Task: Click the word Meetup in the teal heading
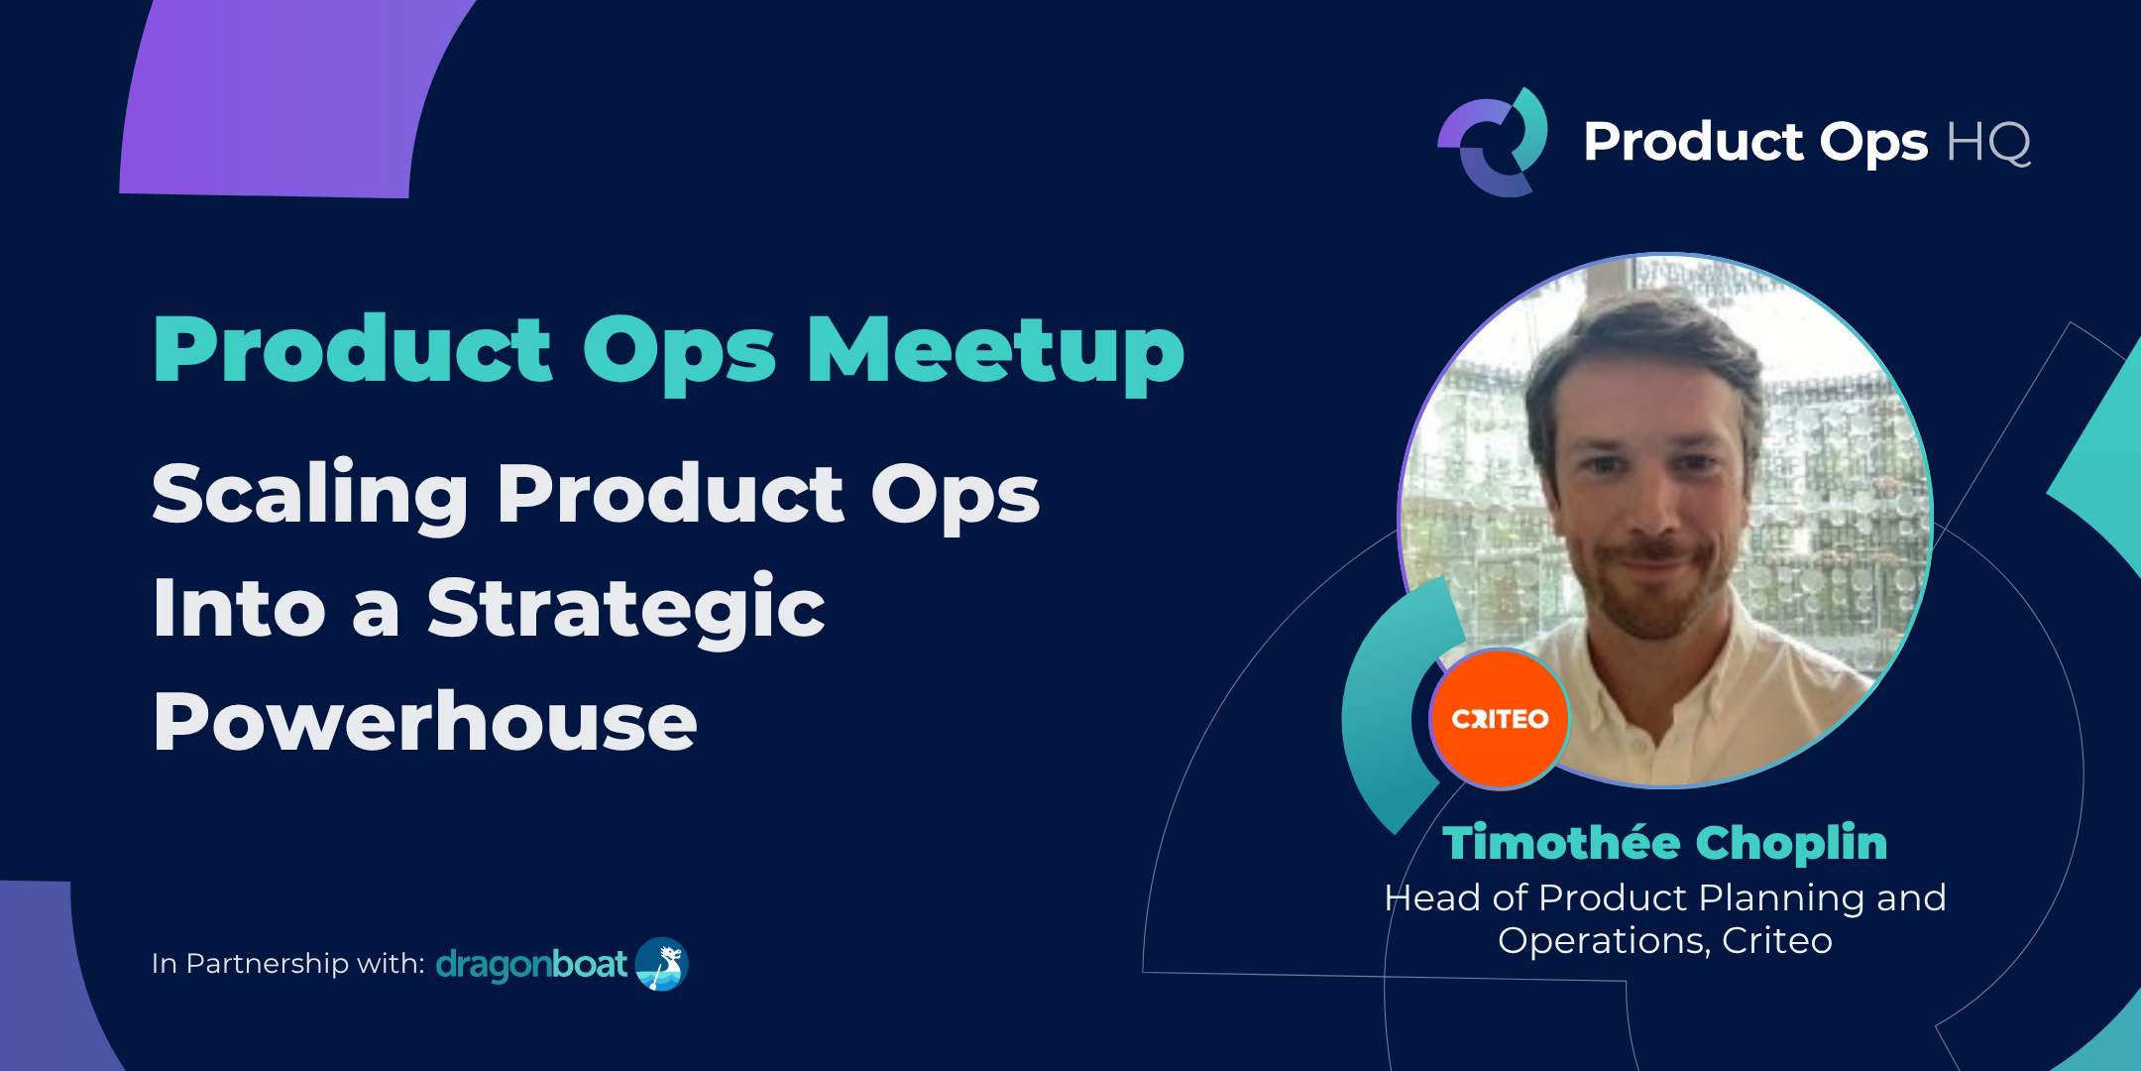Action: pyautogui.click(x=995, y=351)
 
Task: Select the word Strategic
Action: pyautogui.click(x=625, y=609)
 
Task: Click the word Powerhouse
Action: pyautogui.click(x=425, y=722)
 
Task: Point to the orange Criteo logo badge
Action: pyautogui.click(x=1500, y=719)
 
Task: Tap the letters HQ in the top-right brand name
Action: pyautogui.click(x=1987, y=142)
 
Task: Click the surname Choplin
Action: pyautogui.click(x=1791, y=843)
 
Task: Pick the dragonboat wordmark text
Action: pyautogui.click(x=531, y=964)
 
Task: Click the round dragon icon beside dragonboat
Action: pyautogui.click(x=661, y=964)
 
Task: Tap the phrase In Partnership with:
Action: pyautogui.click(x=287, y=964)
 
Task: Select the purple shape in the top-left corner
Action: pyautogui.click(x=287, y=99)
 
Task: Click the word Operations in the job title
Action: pyautogui.click(x=1603, y=940)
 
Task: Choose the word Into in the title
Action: pyautogui.click(x=239, y=609)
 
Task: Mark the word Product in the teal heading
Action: pyautogui.click(x=353, y=351)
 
